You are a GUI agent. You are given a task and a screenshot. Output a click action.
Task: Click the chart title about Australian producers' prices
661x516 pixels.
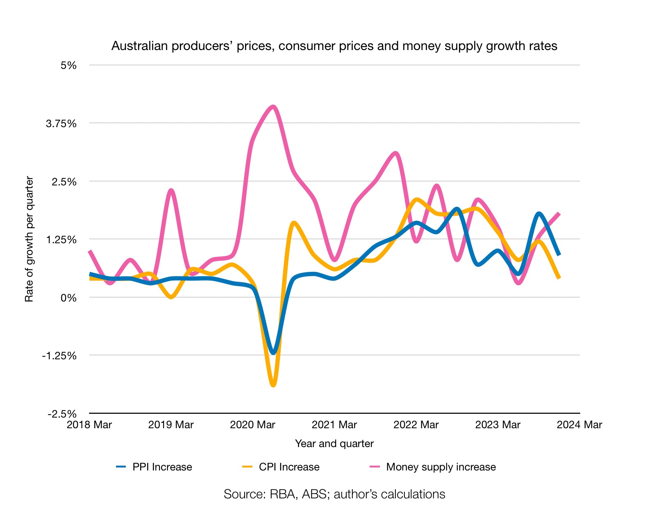click(334, 46)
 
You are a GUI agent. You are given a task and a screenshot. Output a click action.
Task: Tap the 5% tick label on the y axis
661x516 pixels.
click(68, 65)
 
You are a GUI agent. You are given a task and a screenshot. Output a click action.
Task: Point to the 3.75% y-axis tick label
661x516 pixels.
click(61, 123)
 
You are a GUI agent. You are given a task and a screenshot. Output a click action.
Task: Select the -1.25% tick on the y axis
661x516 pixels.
click(59, 356)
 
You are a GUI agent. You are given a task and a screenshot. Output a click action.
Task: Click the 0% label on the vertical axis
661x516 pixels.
click(68, 298)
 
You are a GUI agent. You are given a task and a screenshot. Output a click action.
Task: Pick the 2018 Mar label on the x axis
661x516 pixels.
click(89, 425)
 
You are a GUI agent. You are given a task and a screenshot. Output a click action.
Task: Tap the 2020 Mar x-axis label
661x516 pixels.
click(252, 425)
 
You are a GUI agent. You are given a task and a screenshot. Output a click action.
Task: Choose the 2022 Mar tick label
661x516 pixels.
click(416, 425)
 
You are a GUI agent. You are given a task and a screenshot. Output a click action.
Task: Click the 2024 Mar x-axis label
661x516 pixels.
click(579, 425)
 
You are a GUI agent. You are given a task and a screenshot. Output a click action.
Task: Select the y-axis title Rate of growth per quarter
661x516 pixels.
click(29, 239)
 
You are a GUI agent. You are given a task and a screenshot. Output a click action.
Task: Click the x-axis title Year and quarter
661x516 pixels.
click(334, 443)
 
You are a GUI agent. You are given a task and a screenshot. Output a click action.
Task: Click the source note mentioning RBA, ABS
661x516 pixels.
click(334, 494)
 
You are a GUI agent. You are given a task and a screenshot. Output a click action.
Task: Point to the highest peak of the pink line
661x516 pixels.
click(273, 107)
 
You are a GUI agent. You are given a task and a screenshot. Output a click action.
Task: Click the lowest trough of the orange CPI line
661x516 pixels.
click(273, 385)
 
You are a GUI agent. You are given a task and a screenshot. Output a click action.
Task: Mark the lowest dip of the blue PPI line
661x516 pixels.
click(273, 352)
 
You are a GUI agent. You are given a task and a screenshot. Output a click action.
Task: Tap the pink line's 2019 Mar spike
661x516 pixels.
click(171, 190)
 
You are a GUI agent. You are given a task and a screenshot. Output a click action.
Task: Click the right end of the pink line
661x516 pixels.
click(559, 213)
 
